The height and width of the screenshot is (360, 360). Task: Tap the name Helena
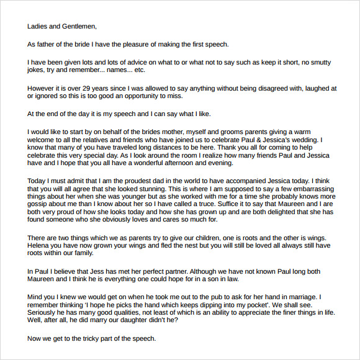tap(41, 245)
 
